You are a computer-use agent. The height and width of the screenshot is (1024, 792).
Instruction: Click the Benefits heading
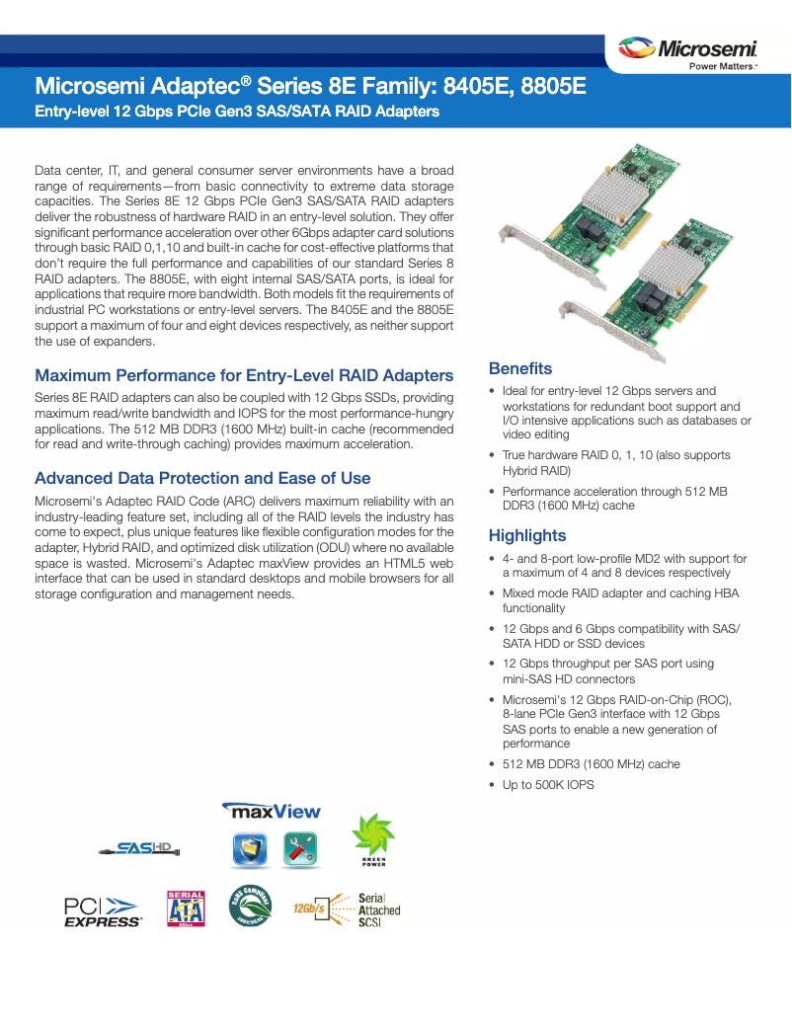(x=520, y=368)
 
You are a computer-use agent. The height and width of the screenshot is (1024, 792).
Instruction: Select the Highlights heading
(x=527, y=535)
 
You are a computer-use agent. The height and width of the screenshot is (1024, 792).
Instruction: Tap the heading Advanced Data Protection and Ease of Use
(x=202, y=478)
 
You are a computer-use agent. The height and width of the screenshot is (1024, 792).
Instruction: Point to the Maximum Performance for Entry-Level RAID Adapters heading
(x=244, y=375)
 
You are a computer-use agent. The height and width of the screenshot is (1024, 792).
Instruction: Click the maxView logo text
(x=273, y=811)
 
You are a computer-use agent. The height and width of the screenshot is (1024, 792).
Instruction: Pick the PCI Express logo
(x=102, y=910)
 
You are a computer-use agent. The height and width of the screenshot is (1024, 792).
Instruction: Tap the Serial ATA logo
(x=187, y=908)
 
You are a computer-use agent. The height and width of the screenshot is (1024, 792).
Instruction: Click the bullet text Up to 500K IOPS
(x=548, y=785)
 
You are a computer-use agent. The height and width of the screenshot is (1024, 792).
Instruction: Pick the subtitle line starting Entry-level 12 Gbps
(x=237, y=112)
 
